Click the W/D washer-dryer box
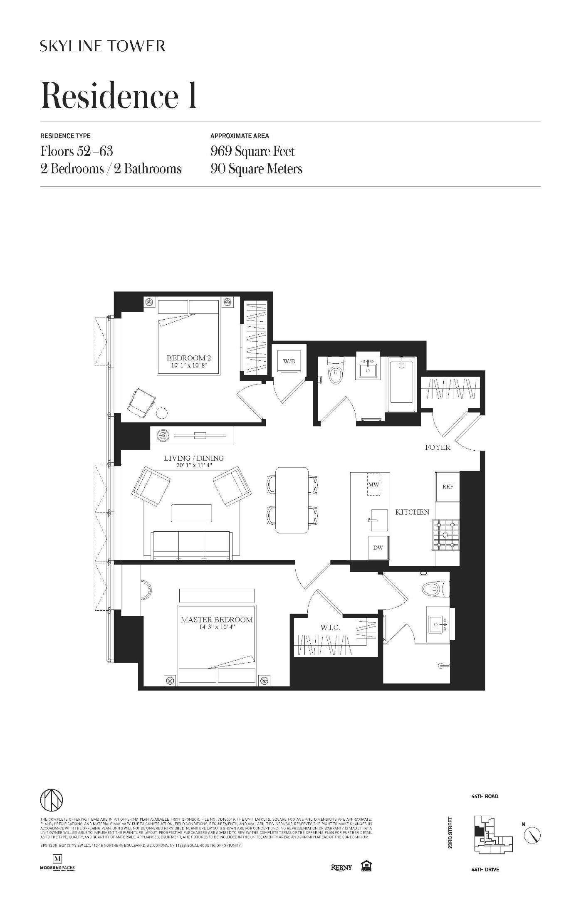(289, 361)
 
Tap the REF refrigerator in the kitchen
(447, 486)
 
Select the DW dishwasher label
(378, 548)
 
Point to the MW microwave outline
(373, 485)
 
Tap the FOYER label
(438, 447)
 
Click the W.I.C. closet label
(330, 628)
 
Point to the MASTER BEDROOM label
(217, 620)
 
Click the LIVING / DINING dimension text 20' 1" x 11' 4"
(194, 466)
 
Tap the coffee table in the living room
(191, 513)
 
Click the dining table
(292, 500)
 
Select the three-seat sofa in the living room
(192, 545)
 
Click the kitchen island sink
(378, 520)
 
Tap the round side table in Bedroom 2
(162, 413)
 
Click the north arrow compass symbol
(532, 835)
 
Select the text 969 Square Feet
(252, 151)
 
